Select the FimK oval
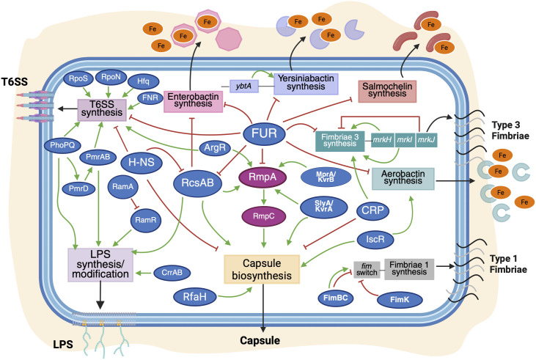coord(403,300)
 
